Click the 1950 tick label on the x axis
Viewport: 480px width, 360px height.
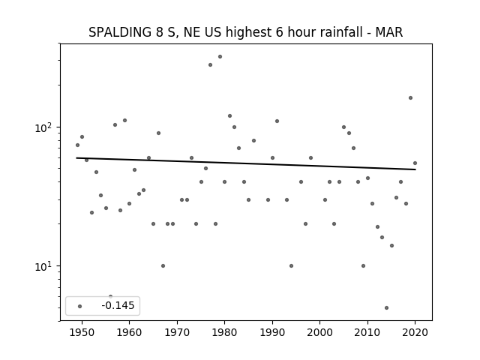[82, 332]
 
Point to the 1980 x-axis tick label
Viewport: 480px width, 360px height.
[224, 332]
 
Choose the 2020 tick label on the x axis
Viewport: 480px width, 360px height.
[415, 332]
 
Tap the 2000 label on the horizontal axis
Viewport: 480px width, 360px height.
[320, 332]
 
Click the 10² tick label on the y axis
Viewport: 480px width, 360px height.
[43, 127]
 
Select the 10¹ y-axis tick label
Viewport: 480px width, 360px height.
[43, 266]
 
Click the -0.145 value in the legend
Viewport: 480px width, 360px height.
[118, 305]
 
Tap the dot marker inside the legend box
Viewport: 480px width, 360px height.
[80, 306]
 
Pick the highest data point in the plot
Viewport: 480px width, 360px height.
[220, 57]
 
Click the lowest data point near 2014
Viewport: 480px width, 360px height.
[387, 308]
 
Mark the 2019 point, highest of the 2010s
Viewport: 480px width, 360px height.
[410, 98]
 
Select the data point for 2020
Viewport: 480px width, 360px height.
[415, 163]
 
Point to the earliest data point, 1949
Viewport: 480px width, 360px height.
[77, 145]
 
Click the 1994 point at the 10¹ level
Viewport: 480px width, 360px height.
[291, 265]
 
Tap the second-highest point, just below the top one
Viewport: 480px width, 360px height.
[210, 65]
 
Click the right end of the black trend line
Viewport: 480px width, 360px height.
[415, 169]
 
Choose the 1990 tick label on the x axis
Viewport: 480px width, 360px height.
[272, 332]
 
